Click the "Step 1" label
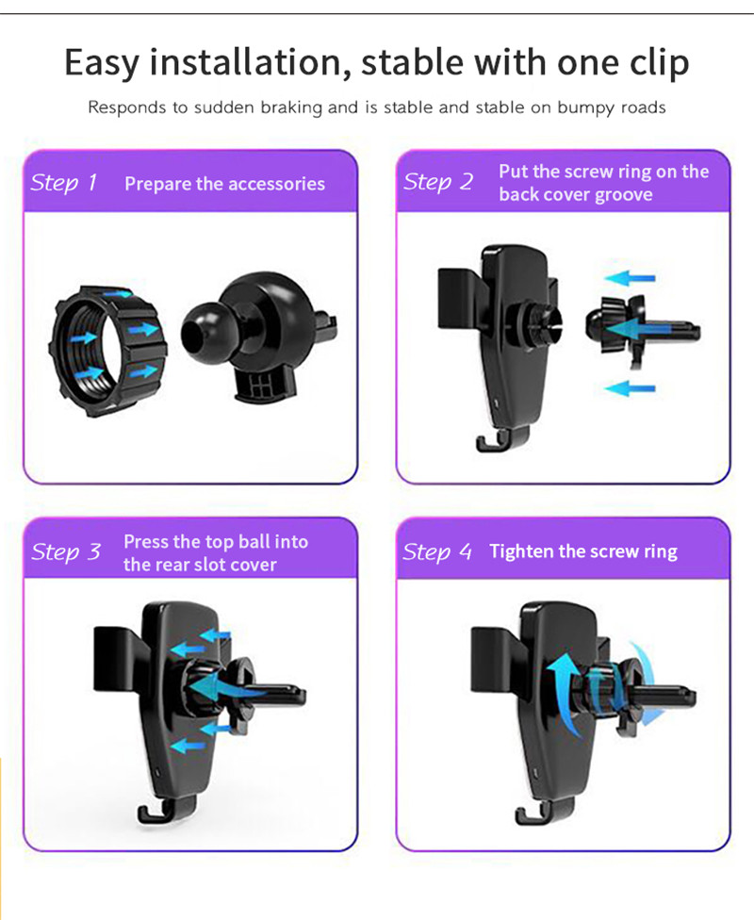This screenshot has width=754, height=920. (x=63, y=182)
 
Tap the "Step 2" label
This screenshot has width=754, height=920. (x=438, y=182)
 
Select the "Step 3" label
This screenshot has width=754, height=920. (x=66, y=552)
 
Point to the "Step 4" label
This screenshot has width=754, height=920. (x=437, y=551)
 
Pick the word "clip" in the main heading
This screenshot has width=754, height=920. (x=656, y=63)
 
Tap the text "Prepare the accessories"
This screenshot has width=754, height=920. (x=224, y=184)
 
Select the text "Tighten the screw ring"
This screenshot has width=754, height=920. (x=582, y=551)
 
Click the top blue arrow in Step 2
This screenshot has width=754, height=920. (x=630, y=279)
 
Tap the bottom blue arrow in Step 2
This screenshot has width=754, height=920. (x=630, y=387)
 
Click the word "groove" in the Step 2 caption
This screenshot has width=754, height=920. (x=623, y=195)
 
